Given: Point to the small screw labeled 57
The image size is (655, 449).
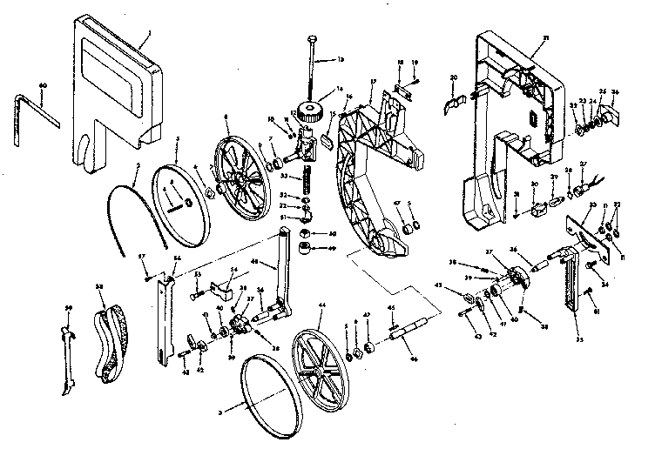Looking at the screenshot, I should tap(150, 276).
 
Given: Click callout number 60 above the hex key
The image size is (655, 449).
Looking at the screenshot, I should tap(42, 84).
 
